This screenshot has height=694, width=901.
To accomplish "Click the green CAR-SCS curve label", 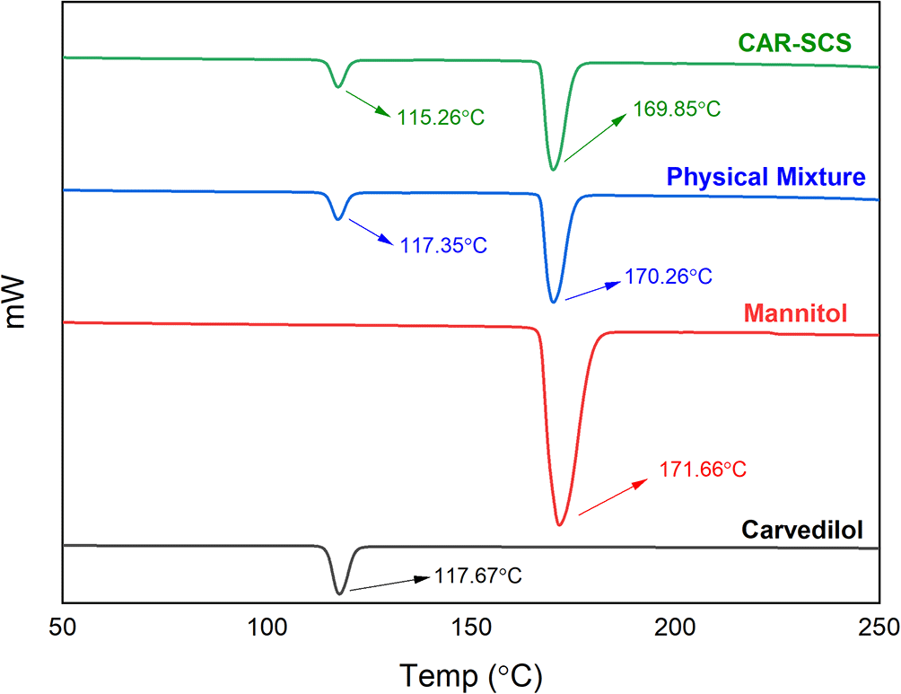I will (x=793, y=41).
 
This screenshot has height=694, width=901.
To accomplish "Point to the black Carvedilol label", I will (x=802, y=531).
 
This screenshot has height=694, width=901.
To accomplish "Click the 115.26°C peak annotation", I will (x=436, y=118).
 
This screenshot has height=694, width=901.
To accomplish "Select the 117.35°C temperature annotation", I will (x=438, y=244).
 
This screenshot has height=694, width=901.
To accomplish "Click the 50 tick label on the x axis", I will (x=63, y=627).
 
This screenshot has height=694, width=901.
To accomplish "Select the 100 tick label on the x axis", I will (x=267, y=627).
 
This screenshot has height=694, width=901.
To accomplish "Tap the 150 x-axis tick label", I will (x=470, y=627).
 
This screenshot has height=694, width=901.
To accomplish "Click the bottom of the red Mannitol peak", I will (x=560, y=524).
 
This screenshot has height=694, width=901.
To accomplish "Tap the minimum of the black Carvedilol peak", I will (x=339, y=593).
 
